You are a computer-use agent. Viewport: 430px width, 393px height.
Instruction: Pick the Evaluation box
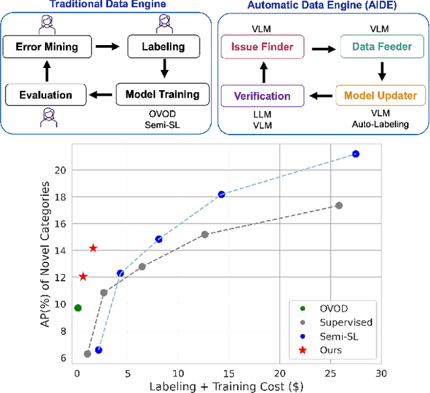tap(39, 95)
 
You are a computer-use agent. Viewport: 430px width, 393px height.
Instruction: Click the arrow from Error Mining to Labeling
tap(103, 48)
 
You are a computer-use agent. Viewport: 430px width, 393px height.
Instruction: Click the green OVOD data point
tap(78, 308)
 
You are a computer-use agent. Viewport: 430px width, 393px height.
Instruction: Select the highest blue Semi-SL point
tap(356, 154)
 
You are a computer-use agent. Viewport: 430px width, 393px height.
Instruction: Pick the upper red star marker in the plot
tap(93, 248)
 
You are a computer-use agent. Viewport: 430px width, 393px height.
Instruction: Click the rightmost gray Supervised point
tap(339, 205)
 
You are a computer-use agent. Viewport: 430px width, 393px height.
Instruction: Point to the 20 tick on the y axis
tap(62, 170)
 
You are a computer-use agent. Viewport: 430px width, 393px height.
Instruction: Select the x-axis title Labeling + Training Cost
tap(228, 386)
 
